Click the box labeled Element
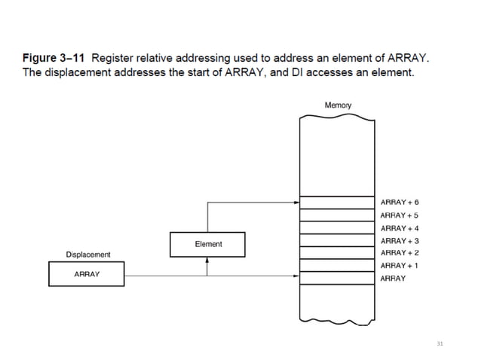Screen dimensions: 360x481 pyautogui.click(x=208, y=244)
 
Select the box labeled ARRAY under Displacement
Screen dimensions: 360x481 pyautogui.click(x=87, y=274)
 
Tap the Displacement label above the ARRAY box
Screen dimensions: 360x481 pyautogui.click(x=87, y=255)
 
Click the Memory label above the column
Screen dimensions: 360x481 pyautogui.click(x=338, y=105)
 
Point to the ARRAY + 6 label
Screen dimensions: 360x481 pyautogui.click(x=400, y=203)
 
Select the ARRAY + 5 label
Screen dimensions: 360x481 pyautogui.click(x=400, y=215)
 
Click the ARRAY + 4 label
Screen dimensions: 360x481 pyautogui.click(x=400, y=228)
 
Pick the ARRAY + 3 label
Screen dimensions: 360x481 pyautogui.click(x=400, y=240)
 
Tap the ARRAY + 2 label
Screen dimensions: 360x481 pyautogui.click(x=400, y=253)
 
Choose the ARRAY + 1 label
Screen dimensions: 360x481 pyautogui.click(x=400, y=266)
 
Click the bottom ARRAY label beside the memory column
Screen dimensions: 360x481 pyautogui.click(x=393, y=279)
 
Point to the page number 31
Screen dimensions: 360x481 pyautogui.click(x=440, y=343)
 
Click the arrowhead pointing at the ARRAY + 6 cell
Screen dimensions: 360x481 pyautogui.click(x=296, y=203)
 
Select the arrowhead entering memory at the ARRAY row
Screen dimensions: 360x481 pyautogui.click(x=296, y=275)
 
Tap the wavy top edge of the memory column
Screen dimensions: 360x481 pyautogui.click(x=338, y=117)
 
